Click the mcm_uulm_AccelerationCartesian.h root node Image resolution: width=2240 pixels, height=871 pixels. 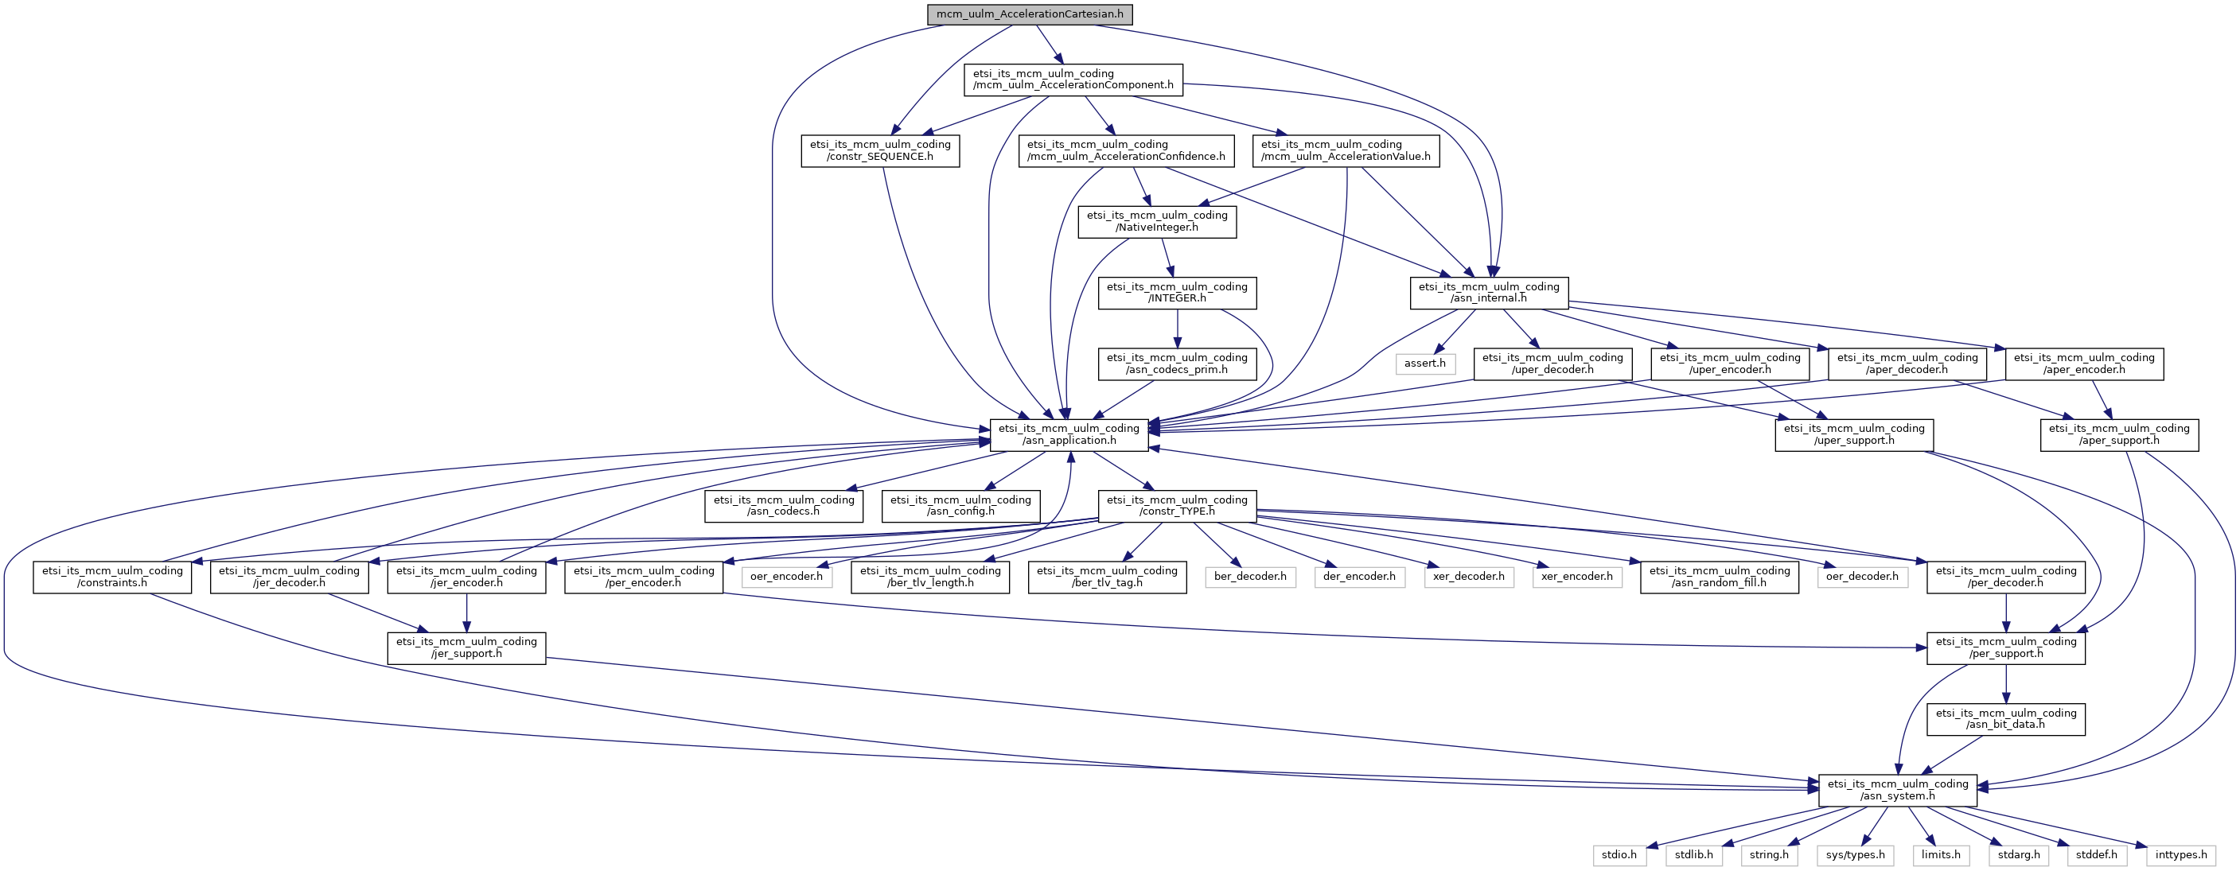pos(1030,14)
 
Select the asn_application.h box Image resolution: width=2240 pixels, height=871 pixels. pos(1069,434)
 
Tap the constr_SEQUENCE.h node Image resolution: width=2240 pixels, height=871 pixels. pos(880,150)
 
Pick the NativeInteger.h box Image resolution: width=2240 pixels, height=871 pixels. pos(1156,222)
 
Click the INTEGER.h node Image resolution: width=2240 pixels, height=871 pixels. pos(1177,293)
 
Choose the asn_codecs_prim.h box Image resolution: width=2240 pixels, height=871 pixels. pos(1177,364)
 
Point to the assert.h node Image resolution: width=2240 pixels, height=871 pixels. pos(1424,364)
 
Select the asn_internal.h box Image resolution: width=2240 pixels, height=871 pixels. pos(1489,293)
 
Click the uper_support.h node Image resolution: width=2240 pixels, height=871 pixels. pos(1854,434)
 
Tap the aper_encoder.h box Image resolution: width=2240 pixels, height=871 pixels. pos(2083,364)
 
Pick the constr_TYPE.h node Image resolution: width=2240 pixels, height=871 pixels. pos(1177,506)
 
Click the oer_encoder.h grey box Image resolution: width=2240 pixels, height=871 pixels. pos(786,577)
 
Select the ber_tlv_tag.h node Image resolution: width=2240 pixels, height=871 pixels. pos(1107,577)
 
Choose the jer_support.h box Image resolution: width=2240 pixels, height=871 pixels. pos(466,647)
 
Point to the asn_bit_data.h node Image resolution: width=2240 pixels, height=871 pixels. pos(2005,719)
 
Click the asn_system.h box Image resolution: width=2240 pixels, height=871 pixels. pos(1897,790)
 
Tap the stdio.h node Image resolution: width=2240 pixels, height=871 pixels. pos(1619,854)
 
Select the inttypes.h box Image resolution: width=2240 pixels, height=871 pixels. pos(2181,854)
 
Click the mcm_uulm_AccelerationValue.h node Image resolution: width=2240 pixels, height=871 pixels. pos(1346,150)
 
